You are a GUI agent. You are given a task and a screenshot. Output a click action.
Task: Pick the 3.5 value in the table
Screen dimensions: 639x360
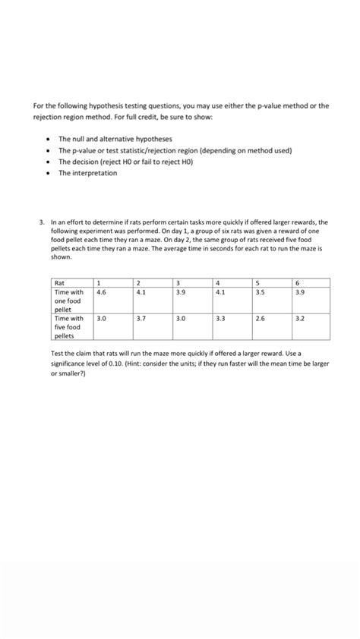(281, 291)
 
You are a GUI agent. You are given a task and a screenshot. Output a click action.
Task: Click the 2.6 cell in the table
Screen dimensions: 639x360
(281, 319)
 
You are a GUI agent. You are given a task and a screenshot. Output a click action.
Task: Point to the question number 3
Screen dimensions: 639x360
(42, 223)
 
